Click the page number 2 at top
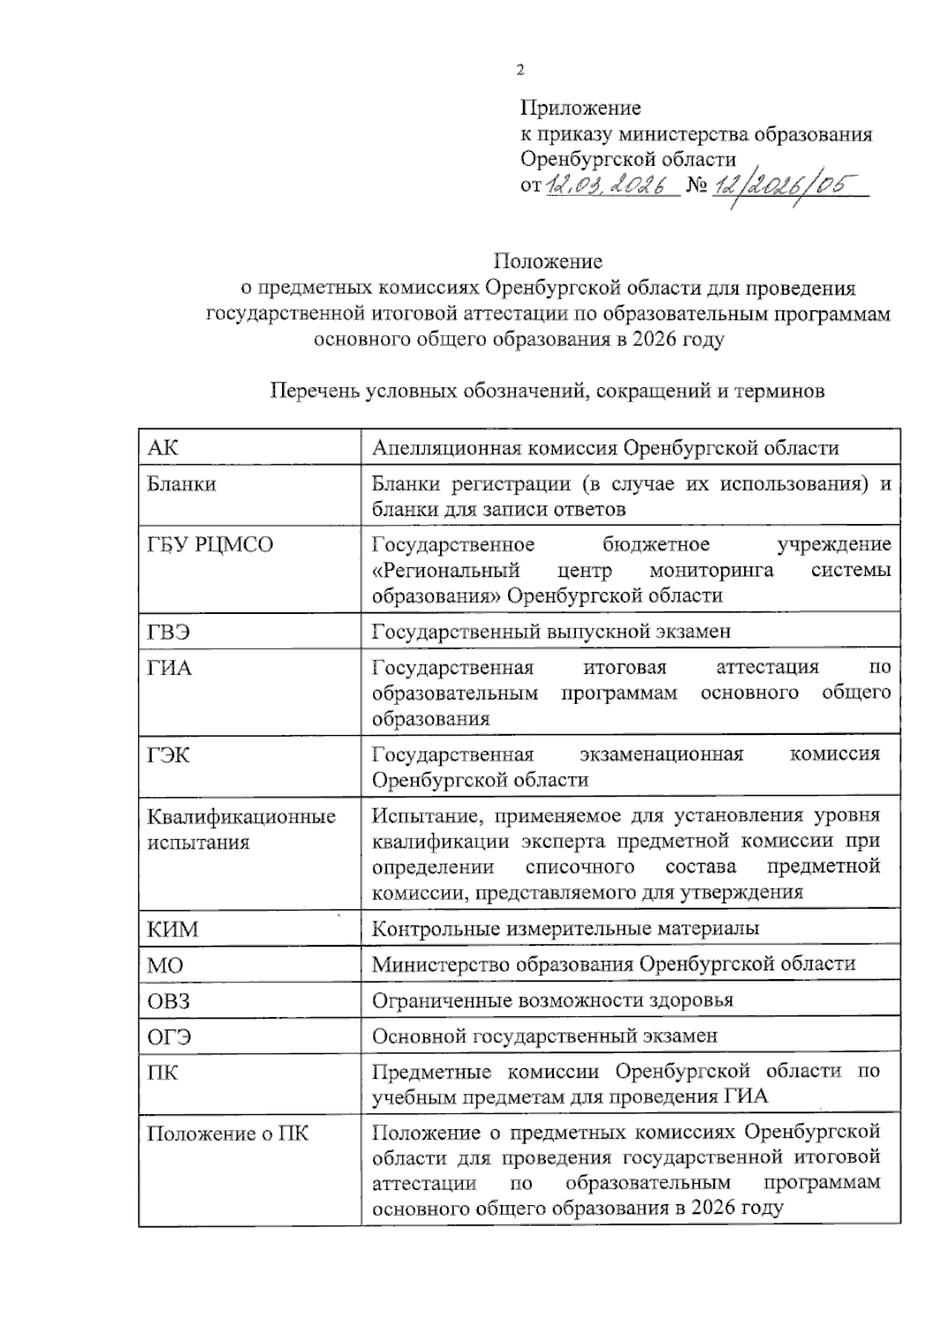tap(520, 70)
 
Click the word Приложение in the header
tap(580, 107)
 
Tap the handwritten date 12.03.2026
tap(610, 186)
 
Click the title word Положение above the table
tap(548, 261)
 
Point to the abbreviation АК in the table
tap(163, 448)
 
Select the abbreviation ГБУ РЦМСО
tap(210, 544)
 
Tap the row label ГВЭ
tap(169, 631)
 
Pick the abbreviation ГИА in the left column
tap(169, 668)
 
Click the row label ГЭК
tap(169, 755)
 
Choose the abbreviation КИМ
tap(173, 929)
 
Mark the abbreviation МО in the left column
tap(165, 965)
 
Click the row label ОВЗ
tap(169, 1000)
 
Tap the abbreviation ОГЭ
tap(169, 1036)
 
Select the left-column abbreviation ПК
tap(163, 1072)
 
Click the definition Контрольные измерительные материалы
tap(566, 928)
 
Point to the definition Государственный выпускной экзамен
tap(551, 631)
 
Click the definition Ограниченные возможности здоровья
tap(552, 1000)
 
